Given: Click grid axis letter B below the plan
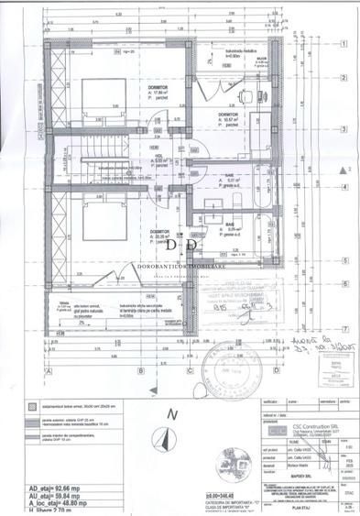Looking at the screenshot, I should click(x=138, y=370).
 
